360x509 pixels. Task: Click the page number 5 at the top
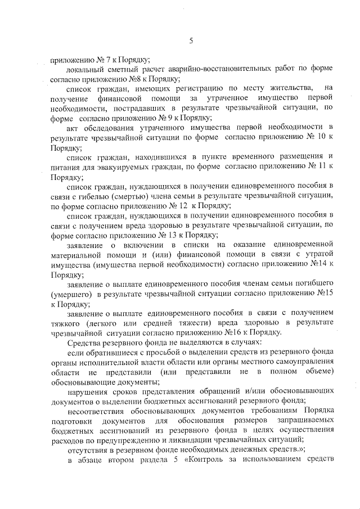pos(191,40)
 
